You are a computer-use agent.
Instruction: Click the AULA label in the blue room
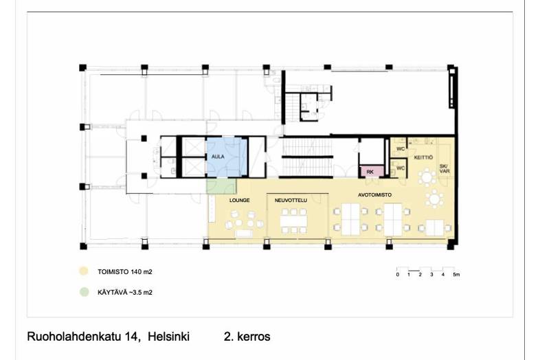pos(218,157)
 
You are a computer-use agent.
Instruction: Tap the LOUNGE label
pos(239,200)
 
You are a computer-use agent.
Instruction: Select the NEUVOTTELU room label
pos(290,200)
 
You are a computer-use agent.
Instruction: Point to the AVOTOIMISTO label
pos(374,194)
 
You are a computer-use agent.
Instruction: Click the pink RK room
pos(370,172)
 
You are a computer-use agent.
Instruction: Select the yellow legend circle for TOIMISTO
pos(84,271)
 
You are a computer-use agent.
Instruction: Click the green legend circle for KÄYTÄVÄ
pos(84,292)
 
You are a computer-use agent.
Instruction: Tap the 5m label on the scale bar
pos(456,275)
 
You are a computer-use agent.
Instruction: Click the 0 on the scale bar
pos(397,275)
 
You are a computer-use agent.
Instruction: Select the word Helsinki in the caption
pos(165,337)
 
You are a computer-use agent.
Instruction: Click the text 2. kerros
pos(247,337)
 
